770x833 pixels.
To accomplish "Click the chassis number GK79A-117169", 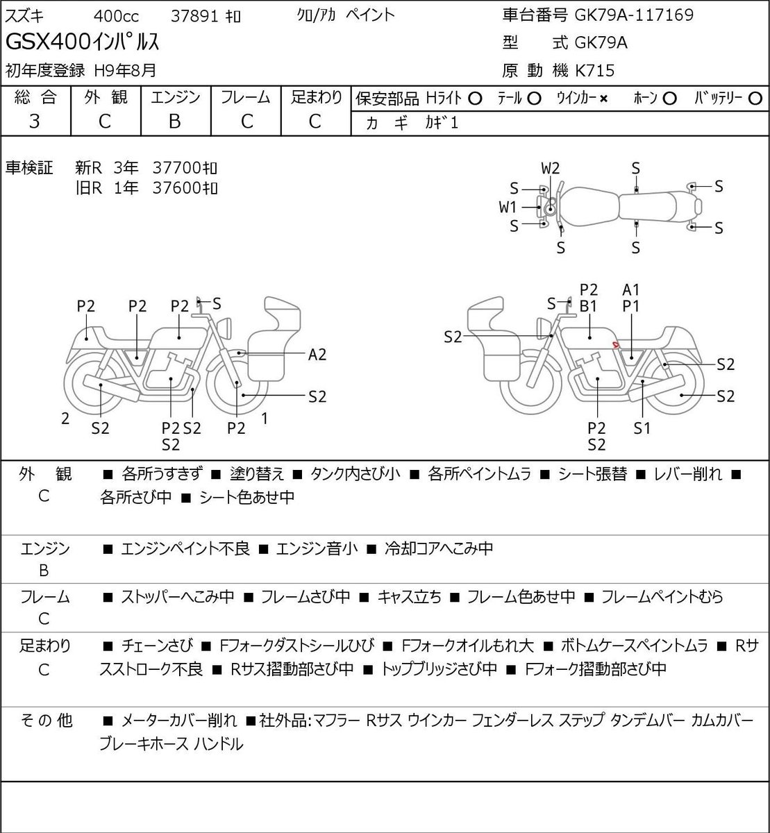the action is pyautogui.click(x=634, y=15).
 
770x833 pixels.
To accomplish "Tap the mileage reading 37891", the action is pyautogui.click(x=194, y=17).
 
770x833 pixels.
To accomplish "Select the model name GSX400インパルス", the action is pyautogui.click(x=82, y=42).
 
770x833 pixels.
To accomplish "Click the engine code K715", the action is pyautogui.click(x=594, y=71).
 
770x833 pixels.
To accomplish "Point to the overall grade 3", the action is pyautogui.click(x=35, y=121).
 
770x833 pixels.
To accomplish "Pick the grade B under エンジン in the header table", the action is pyautogui.click(x=174, y=121).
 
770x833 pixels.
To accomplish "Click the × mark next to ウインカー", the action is pyautogui.click(x=603, y=99).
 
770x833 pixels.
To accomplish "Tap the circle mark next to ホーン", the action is pyautogui.click(x=670, y=99).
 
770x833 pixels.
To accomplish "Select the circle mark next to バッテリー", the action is pyautogui.click(x=755, y=99).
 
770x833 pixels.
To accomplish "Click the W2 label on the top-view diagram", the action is pyautogui.click(x=550, y=169).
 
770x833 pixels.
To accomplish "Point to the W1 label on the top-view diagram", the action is pyautogui.click(x=508, y=207).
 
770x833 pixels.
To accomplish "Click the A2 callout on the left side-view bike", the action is pyautogui.click(x=317, y=355).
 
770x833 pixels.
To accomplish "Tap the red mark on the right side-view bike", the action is pyautogui.click(x=616, y=344).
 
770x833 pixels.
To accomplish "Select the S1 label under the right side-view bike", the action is pyautogui.click(x=642, y=428).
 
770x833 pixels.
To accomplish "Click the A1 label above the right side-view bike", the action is pyautogui.click(x=630, y=290).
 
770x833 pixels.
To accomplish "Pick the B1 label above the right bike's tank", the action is pyautogui.click(x=588, y=307).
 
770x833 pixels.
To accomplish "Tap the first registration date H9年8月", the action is pyautogui.click(x=125, y=71).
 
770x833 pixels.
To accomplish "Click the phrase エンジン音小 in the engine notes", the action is pyautogui.click(x=317, y=548).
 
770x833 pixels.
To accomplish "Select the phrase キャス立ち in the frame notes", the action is pyautogui.click(x=409, y=596).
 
